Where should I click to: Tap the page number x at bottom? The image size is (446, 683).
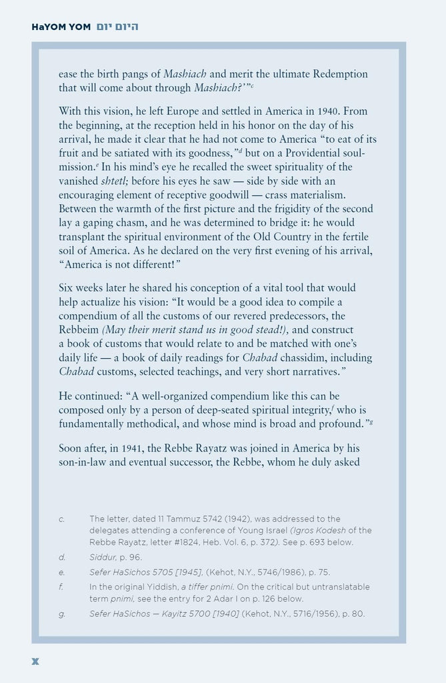tap(36, 661)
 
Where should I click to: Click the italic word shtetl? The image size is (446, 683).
tap(116, 181)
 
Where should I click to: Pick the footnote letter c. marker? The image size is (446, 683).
tap(61, 519)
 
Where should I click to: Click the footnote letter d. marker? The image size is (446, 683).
tap(61, 557)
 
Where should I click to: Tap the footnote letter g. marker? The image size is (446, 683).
tap(61, 614)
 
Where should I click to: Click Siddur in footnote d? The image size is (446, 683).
tap(103, 557)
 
